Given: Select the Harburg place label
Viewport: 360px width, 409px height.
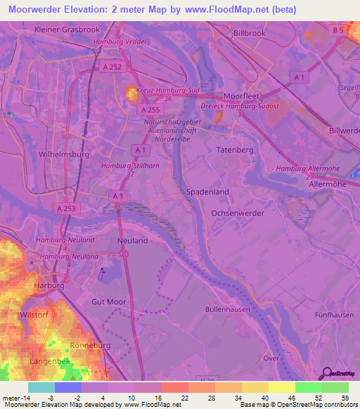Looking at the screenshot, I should pyautogui.click(x=49, y=286).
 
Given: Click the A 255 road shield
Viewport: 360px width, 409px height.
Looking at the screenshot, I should pyautogui.click(x=149, y=110).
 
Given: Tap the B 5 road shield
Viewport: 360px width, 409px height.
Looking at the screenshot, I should pyautogui.click(x=338, y=30).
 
